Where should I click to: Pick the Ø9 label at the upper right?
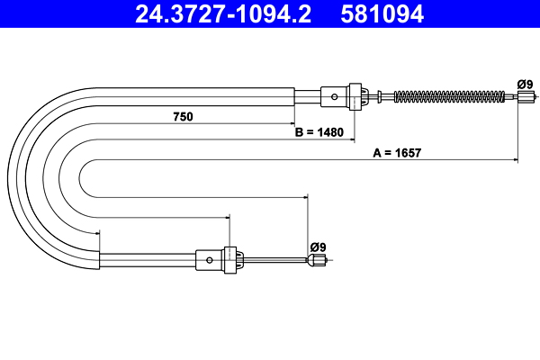525,85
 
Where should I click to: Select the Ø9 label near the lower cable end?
317,246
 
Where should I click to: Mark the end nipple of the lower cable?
316,261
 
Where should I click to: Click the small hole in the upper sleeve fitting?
334,96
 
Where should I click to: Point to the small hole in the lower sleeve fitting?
210,260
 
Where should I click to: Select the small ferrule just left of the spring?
386,96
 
